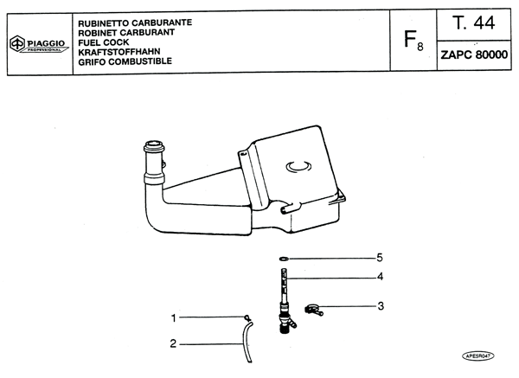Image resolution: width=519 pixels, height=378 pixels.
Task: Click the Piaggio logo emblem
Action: click(17, 43)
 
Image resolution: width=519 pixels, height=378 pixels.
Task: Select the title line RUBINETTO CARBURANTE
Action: click(135, 22)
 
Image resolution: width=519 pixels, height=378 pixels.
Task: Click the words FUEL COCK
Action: click(104, 42)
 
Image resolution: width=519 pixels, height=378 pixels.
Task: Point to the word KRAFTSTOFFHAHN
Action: click(119, 52)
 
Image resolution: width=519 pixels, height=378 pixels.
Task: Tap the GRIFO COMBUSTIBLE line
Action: click(125, 61)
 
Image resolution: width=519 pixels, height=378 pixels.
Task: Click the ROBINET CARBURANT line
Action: click(126, 33)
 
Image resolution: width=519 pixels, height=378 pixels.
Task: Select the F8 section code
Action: click(413, 41)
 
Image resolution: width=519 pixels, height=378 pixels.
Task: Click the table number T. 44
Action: click(474, 22)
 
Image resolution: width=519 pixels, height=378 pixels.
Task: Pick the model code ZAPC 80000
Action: click(474, 54)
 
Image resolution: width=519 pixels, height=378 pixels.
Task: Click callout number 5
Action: click(380, 258)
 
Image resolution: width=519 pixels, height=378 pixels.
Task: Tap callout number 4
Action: click(380, 277)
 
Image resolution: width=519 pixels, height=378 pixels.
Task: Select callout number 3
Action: click(381, 306)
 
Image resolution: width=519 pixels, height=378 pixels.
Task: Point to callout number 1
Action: click(174, 318)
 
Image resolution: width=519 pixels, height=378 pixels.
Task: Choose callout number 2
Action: click(173, 343)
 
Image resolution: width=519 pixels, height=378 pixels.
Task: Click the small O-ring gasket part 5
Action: click(284, 258)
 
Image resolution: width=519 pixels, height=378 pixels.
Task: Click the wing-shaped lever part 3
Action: click(313, 310)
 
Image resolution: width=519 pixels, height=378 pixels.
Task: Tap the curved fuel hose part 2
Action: click(247, 342)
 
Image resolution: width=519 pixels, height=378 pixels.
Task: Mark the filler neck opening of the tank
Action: click(154, 144)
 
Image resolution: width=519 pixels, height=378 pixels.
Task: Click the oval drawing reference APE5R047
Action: click(478, 356)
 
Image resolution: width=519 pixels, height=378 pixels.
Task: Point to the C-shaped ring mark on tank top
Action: click(298, 166)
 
